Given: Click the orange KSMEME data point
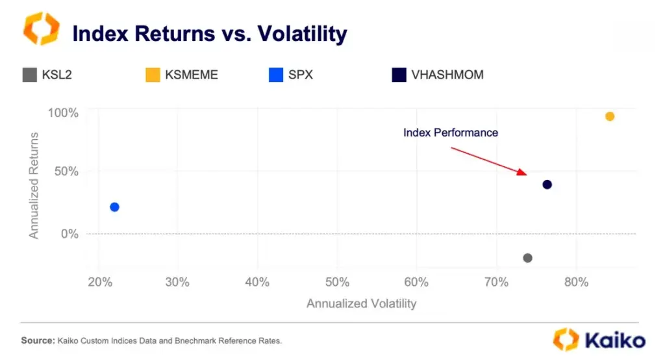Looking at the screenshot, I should pyautogui.click(x=609, y=116).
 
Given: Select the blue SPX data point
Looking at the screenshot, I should pyautogui.click(x=114, y=207).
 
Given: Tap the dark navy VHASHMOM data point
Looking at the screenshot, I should pyautogui.click(x=547, y=185).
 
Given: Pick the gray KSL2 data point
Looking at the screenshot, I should pyautogui.click(x=527, y=258).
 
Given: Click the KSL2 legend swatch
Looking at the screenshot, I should pyautogui.click(x=29, y=75).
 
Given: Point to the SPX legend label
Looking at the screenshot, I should pyautogui.click(x=300, y=75).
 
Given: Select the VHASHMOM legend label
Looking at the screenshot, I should pyautogui.click(x=447, y=75).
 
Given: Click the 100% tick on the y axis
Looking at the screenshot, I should pyautogui.click(x=63, y=113).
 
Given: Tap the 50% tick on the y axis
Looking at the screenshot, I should pyautogui.click(x=66, y=172).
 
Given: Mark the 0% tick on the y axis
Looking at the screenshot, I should pyautogui.click(x=69, y=233).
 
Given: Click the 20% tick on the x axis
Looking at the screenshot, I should pyautogui.click(x=98, y=283).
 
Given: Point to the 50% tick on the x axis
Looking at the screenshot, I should pyautogui.click(x=336, y=283).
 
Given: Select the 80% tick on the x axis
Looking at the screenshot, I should pyautogui.click(x=575, y=283).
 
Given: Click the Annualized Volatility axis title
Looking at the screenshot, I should pyautogui.click(x=361, y=303).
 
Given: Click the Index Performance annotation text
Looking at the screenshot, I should pyautogui.click(x=450, y=133).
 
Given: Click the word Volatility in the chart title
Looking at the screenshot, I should pyautogui.click(x=303, y=33).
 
